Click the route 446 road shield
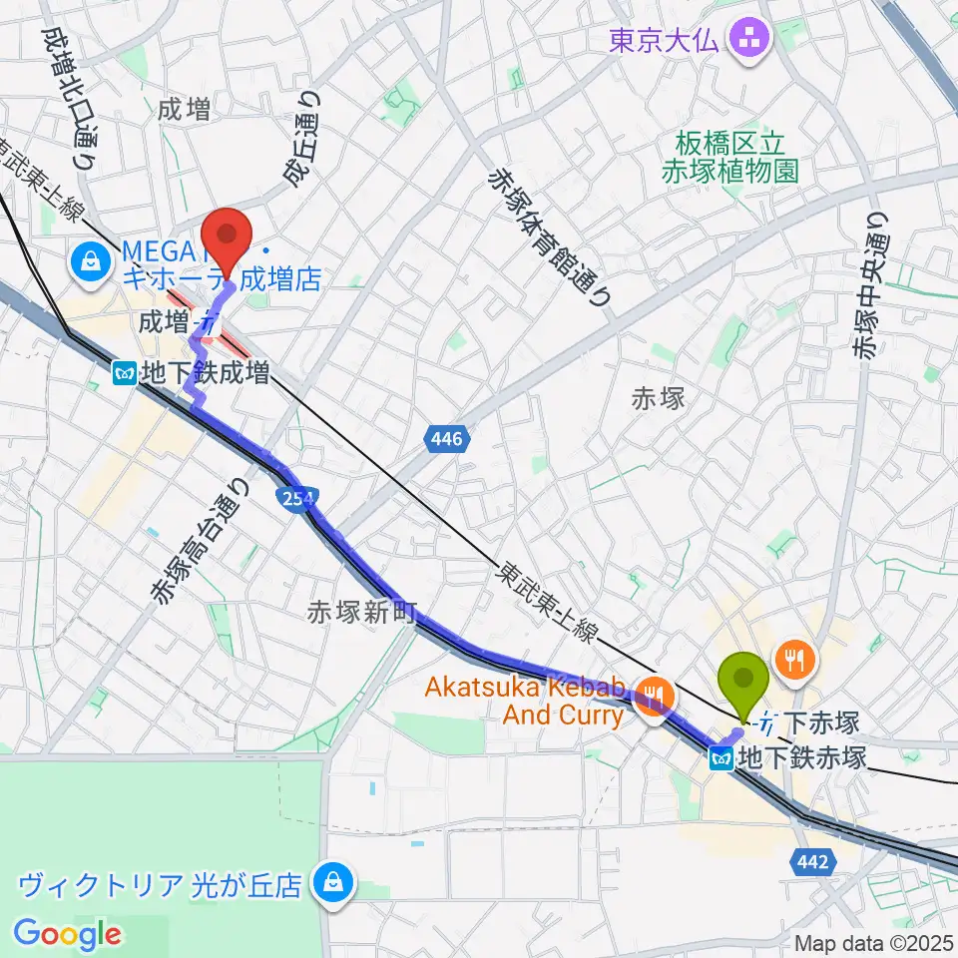click(447, 438)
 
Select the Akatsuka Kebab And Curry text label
click(525, 702)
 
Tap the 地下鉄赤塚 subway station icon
click(722, 758)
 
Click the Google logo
click(67, 935)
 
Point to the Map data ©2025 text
click(874, 943)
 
